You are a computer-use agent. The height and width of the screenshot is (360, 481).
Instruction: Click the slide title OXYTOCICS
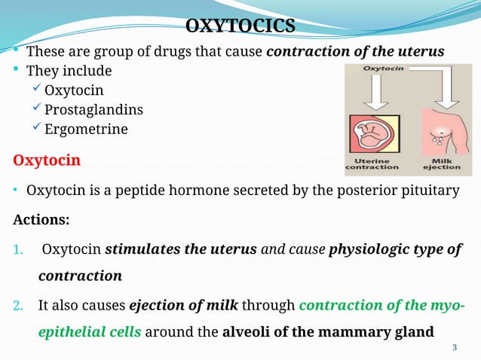click(x=240, y=27)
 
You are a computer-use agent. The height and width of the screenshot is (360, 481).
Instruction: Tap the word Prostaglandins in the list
click(x=93, y=110)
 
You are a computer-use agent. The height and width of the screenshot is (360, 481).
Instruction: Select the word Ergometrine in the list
click(x=86, y=129)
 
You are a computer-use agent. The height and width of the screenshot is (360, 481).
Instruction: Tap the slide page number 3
click(x=454, y=346)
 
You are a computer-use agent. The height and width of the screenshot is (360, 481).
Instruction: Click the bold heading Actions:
click(x=41, y=221)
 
